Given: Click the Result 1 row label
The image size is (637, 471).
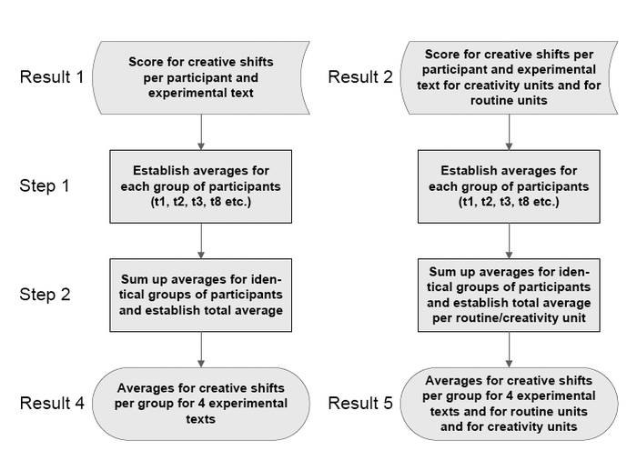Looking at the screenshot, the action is (x=52, y=76).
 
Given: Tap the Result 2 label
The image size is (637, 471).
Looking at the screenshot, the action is (x=360, y=76).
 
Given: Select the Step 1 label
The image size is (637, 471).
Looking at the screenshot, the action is (x=45, y=185).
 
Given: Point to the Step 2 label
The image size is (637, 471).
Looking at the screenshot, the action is (x=45, y=295).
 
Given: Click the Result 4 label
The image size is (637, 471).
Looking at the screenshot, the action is (x=52, y=403).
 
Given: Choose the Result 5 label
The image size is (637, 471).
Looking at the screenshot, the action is (x=360, y=403).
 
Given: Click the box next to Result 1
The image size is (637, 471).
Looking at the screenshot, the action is (x=201, y=77).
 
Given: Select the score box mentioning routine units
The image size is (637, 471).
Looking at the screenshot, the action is (x=509, y=77).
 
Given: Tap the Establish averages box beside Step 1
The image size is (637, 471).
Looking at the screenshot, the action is (x=201, y=186).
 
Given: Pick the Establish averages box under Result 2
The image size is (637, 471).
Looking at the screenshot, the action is (x=509, y=186).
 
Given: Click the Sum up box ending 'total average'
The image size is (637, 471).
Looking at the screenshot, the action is (x=201, y=296).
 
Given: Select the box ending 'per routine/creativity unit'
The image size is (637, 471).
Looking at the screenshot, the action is (x=509, y=296).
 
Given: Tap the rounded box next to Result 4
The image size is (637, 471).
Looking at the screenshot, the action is (x=201, y=404).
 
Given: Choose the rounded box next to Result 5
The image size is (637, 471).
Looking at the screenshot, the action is (x=509, y=404).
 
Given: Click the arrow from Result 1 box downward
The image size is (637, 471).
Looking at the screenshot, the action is (x=201, y=132).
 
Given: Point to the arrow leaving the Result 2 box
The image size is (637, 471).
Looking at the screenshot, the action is (x=509, y=132).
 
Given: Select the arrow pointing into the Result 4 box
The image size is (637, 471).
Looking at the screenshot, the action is (x=201, y=349).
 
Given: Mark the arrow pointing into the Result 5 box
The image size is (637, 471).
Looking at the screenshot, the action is (x=509, y=349).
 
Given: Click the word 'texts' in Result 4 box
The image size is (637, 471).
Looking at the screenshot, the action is (x=201, y=419).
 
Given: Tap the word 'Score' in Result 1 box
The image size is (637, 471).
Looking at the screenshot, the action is (x=146, y=62).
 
